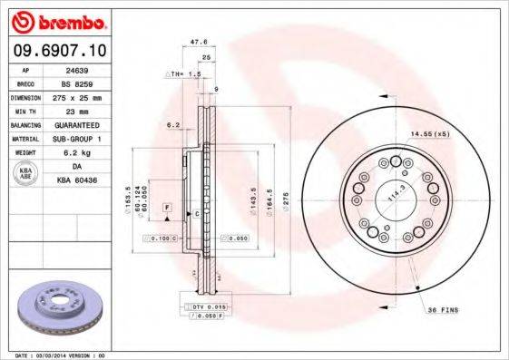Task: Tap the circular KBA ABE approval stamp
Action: click(x=25, y=174)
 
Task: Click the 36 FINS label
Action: click(x=444, y=310)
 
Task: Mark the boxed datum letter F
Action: click(x=167, y=209)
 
